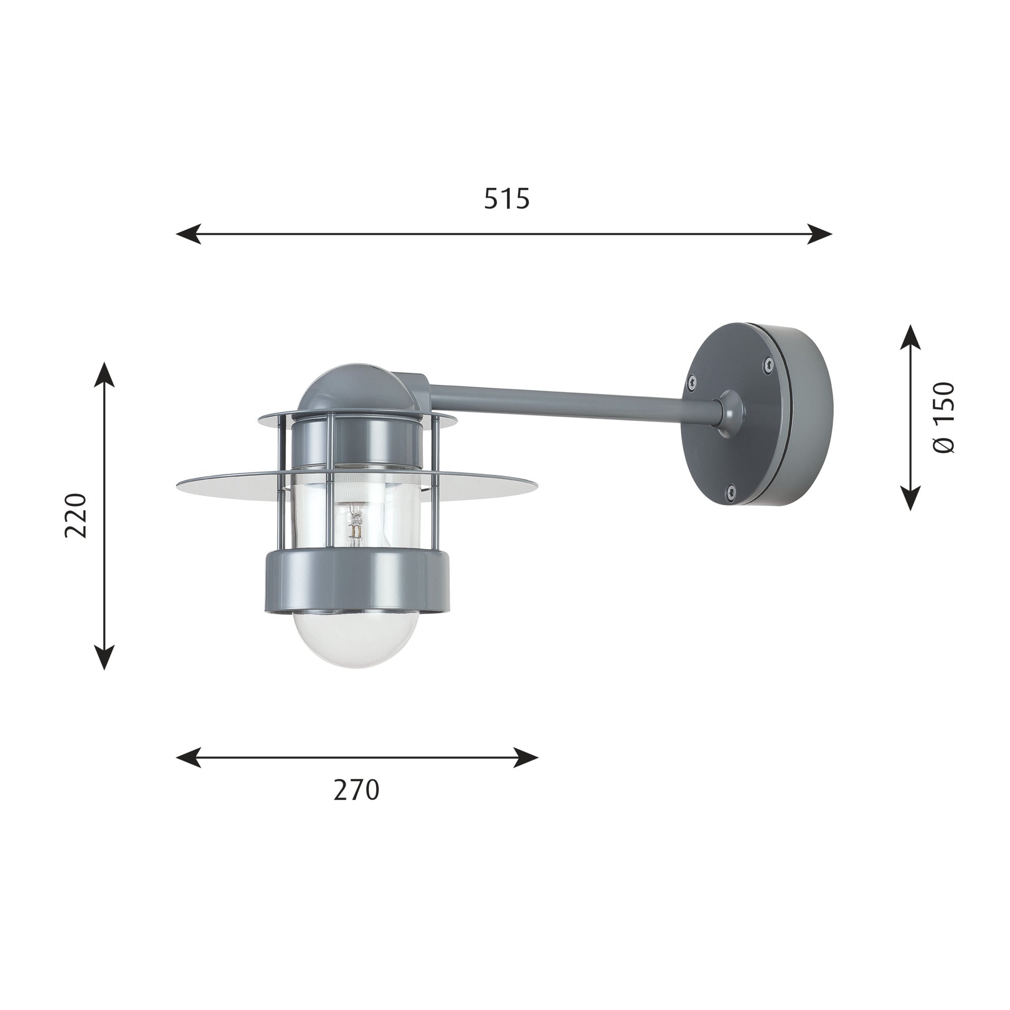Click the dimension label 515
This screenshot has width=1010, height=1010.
506,198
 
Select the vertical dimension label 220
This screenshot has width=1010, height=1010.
75,515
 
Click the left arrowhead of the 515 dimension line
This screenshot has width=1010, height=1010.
188,234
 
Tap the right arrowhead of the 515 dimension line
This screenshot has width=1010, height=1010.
820,234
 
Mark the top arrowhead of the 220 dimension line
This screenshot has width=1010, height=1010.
105,374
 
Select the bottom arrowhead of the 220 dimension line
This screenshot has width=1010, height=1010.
105,657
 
